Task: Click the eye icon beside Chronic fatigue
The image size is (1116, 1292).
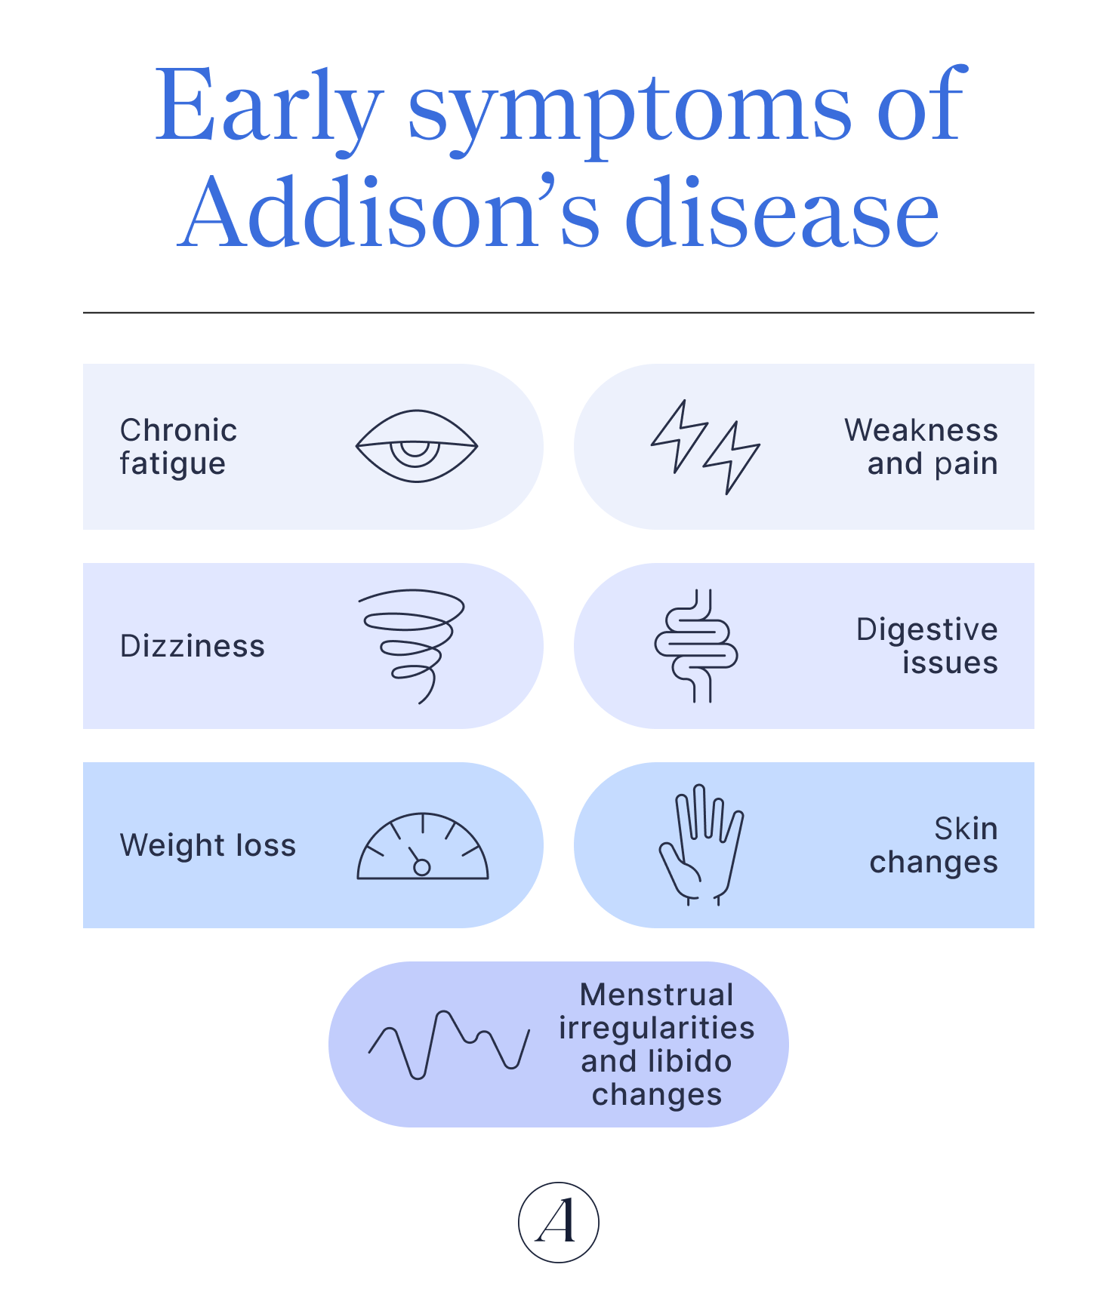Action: [416, 446]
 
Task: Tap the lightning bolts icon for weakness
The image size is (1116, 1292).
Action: [705, 447]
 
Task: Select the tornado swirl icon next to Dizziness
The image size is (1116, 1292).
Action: [412, 646]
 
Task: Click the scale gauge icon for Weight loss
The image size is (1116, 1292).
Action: [422, 847]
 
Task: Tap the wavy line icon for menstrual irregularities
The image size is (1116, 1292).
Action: [449, 1044]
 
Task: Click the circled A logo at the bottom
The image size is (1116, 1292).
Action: [558, 1222]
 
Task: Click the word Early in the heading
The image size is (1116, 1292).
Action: [267, 106]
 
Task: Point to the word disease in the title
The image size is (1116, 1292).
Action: [782, 213]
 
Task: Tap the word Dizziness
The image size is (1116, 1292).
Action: [193, 646]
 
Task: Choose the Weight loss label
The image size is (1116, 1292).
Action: [208, 845]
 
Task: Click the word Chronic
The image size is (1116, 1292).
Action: [178, 430]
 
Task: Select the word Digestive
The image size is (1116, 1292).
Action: [926, 629]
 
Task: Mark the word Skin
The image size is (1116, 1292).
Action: [966, 829]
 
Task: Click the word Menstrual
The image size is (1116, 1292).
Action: [656, 995]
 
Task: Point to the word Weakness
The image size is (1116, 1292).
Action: [920, 430]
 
